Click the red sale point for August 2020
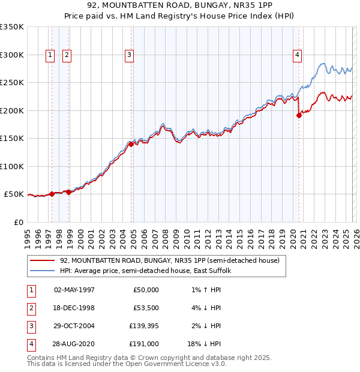coord(299,116)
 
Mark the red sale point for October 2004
coord(131,144)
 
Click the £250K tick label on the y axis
coord(12,83)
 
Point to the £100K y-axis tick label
coord(12,166)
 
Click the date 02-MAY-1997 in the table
coord(74,290)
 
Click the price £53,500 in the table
coord(146,308)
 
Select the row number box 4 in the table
coord(29,344)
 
